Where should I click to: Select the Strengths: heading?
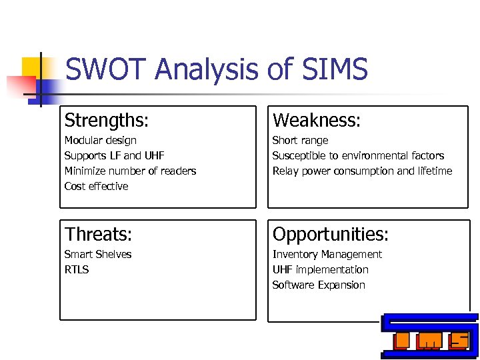[107, 121]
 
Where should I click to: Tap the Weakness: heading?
[317, 121]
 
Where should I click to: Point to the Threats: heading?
[98, 235]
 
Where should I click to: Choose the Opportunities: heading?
[331, 235]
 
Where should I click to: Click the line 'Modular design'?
[100, 141]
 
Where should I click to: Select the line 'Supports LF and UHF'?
[114, 156]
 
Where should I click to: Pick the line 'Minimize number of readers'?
[130, 171]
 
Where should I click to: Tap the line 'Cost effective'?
[96, 187]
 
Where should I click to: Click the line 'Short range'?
[300, 141]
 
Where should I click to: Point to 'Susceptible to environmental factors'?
[358, 156]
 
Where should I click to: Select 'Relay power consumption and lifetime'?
[362, 171]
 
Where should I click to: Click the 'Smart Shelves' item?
[97, 255]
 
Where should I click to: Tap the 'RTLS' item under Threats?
[77, 270]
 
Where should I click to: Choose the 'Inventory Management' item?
[327, 255]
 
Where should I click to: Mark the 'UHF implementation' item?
[320, 270]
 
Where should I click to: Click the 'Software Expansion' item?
[319, 285]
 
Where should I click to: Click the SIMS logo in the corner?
[430, 336]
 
